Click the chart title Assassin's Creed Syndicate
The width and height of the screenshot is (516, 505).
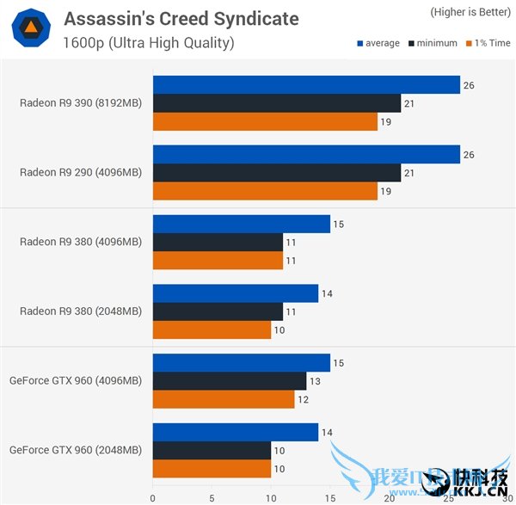[x=181, y=18]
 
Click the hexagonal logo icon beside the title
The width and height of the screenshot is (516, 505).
[x=29, y=29]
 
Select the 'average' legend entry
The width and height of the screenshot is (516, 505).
[x=378, y=43]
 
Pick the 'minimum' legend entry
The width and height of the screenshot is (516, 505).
[x=434, y=43]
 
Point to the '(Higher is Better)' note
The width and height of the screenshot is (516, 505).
[x=466, y=12]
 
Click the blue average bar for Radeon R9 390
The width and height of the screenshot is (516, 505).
[x=306, y=84]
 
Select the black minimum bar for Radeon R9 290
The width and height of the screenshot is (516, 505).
[x=277, y=172]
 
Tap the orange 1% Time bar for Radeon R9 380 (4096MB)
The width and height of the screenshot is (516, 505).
[x=218, y=260]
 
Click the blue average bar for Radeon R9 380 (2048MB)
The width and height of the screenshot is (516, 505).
[x=236, y=293]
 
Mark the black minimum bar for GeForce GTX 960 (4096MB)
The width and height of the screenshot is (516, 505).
[x=230, y=380]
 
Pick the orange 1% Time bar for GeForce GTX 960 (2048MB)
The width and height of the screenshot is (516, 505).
[x=212, y=468]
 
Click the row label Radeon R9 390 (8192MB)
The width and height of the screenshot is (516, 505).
[x=81, y=103]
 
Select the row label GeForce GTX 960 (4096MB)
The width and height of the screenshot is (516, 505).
[x=76, y=380]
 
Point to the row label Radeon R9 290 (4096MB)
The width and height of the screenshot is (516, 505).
[x=81, y=172]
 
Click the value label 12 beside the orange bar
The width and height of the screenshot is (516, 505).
[x=302, y=398]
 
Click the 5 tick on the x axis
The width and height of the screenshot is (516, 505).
[x=212, y=496]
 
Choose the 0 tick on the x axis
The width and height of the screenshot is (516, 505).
[x=153, y=496]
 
